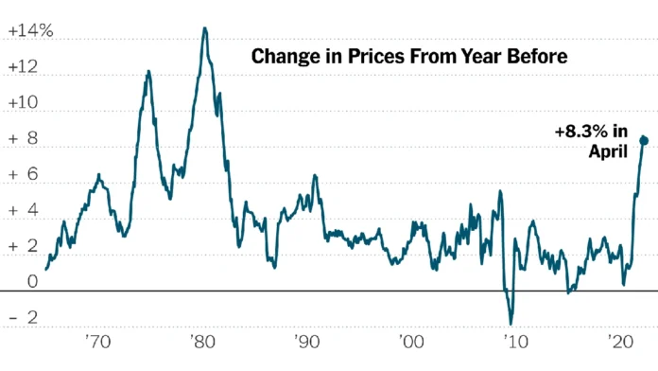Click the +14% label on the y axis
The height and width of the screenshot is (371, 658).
30,31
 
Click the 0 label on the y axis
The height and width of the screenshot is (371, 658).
32,281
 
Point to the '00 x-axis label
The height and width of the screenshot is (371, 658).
409,340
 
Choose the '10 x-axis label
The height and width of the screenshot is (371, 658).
513,340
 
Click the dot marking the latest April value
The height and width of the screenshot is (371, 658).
645,140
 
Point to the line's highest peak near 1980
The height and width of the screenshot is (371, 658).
204,28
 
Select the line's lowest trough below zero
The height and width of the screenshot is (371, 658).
511,324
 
